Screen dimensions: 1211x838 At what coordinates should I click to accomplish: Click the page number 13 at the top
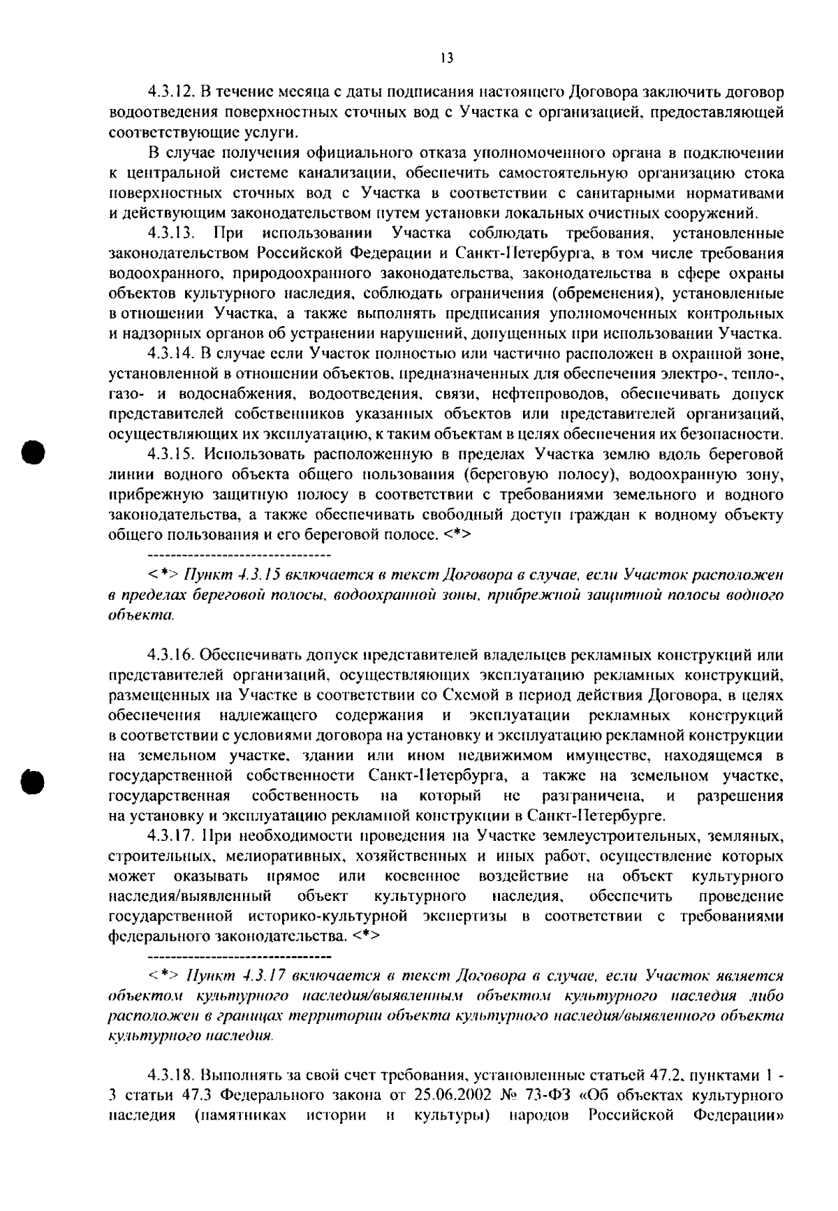[x=447, y=59]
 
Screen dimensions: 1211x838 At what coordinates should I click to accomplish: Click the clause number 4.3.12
[x=171, y=92]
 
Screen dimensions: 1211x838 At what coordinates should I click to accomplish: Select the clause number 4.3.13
[x=171, y=233]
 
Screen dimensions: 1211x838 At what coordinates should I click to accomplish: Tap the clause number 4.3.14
[x=171, y=353]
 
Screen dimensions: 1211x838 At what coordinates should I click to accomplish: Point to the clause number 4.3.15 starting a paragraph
[x=171, y=455]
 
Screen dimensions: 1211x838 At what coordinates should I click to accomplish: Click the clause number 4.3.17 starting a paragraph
[x=171, y=836]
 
